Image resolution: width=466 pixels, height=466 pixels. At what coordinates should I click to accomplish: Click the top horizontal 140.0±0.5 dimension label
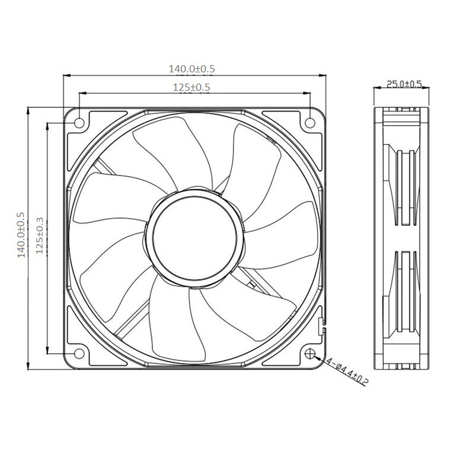(x=191, y=69)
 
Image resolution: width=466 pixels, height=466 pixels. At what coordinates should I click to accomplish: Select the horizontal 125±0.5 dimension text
(x=191, y=87)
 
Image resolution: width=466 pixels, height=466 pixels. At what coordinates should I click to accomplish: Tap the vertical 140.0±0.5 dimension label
(x=21, y=235)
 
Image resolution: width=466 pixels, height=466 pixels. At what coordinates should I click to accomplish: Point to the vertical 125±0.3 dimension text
(x=40, y=236)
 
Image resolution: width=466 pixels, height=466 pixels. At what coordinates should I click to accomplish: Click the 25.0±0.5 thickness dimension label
(x=404, y=84)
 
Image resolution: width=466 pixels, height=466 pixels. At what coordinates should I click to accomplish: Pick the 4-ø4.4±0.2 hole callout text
(x=347, y=372)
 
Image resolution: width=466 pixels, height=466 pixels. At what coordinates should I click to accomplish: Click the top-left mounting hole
(x=79, y=123)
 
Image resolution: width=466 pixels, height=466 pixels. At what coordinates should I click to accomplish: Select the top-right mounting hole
(x=310, y=123)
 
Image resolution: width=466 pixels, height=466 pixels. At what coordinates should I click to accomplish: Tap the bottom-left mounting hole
(x=79, y=354)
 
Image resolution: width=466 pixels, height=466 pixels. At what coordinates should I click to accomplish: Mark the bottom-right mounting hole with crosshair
(x=310, y=354)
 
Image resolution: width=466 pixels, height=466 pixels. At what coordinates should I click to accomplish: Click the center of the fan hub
(x=194, y=239)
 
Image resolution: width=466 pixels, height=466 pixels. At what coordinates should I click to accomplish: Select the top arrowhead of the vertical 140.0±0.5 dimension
(x=28, y=111)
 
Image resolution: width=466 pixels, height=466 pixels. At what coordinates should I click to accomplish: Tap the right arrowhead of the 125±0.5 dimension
(x=307, y=93)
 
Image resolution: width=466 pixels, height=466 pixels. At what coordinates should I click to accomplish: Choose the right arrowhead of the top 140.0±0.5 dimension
(x=322, y=75)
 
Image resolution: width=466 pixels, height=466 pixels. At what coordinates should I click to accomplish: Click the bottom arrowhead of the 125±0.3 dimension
(x=47, y=350)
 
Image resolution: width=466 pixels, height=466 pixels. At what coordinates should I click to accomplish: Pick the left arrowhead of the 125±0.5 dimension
(x=83, y=93)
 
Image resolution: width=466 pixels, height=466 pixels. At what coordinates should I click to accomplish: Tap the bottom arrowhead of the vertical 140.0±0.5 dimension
(x=28, y=366)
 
